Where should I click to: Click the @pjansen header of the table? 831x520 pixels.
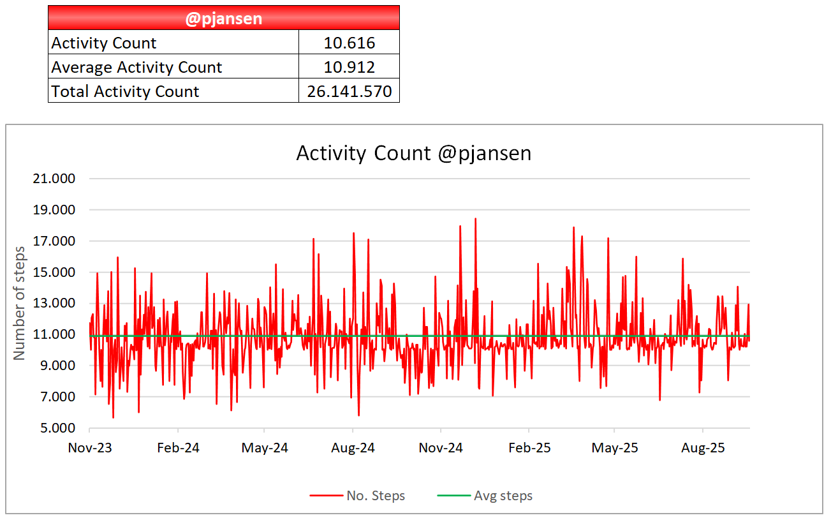tap(223, 18)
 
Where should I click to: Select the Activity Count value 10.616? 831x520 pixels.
tap(349, 43)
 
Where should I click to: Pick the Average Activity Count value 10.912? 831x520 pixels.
tap(349, 67)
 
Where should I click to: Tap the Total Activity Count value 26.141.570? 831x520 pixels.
tap(349, 91)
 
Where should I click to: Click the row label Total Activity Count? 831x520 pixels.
tap(125, 91)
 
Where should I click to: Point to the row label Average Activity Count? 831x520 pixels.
tap(136, 67)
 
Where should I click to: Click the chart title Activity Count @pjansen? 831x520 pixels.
tap(413, 154)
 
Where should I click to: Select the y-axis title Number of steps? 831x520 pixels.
tap(20, 303)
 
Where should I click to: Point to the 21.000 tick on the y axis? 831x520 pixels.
tap(54, 179)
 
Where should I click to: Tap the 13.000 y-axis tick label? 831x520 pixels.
tap(54, 303)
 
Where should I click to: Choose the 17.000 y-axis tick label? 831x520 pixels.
tap(54, 241)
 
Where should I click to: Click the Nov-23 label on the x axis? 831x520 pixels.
tap(90, 448)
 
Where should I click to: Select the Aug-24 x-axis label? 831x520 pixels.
tap(353, 448)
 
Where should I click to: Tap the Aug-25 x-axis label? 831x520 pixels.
tap(703, 448)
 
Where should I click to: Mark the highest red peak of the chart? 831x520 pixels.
tap(475, 219)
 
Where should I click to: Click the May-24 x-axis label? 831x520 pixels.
tap(265, 448)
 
